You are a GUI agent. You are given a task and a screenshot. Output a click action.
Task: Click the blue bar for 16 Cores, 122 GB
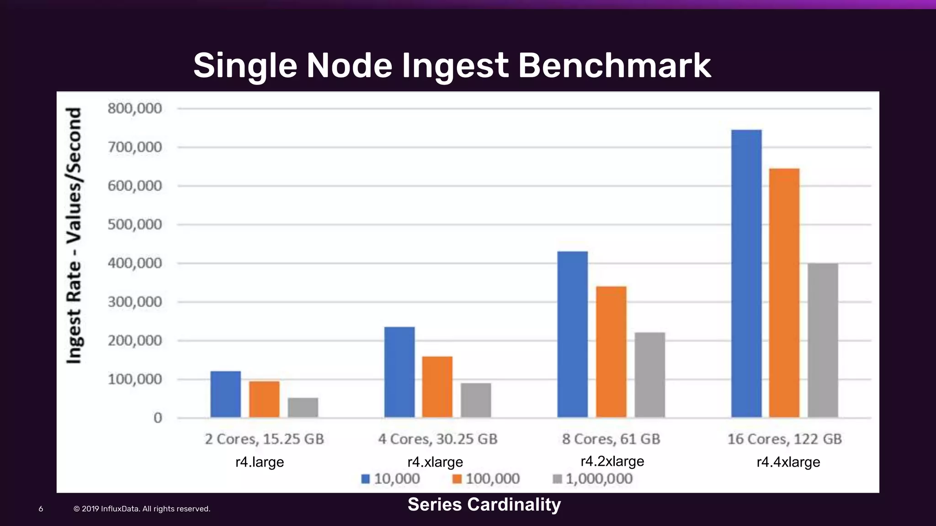pos(746,274)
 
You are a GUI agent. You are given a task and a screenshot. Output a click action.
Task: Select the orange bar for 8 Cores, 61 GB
pos(611,352)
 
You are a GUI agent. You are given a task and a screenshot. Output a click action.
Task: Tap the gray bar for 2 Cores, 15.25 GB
pos(303,407)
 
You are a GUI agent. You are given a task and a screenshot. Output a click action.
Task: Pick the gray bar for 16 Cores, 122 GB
pos(823,340)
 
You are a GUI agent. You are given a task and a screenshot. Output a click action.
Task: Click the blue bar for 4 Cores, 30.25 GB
pos(399,372)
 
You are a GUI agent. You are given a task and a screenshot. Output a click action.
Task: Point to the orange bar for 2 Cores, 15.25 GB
pos(264,399)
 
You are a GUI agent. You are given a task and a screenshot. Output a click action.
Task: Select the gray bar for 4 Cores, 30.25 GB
pos(476,400)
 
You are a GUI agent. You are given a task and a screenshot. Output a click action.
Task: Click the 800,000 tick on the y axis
pos(135,109)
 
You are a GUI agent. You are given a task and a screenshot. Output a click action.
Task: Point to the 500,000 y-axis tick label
pos(135,225)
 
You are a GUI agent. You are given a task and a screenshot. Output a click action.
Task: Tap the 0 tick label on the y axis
pos(158,418)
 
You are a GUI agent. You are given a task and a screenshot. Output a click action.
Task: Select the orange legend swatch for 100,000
pos(457,479)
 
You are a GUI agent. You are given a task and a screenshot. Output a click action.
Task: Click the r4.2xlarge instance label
pos(612,461)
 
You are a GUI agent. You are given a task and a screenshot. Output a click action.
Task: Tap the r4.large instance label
pos(260,462)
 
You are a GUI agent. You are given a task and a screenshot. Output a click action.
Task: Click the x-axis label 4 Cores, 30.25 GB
pos(437,439)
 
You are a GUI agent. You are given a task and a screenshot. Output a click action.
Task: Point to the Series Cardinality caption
pos(484,505)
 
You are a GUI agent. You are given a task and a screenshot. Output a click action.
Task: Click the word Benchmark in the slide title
pos(614,65)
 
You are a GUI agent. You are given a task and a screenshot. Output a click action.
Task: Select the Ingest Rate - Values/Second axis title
pos(74,236)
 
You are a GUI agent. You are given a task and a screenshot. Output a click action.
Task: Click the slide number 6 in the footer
pos(41,509)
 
